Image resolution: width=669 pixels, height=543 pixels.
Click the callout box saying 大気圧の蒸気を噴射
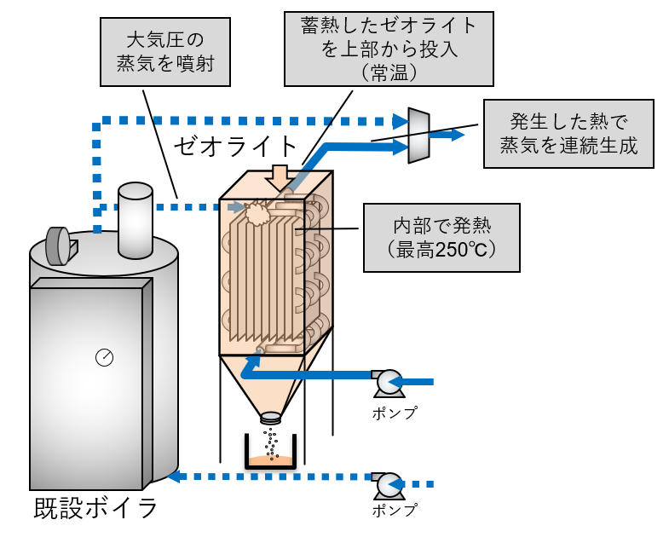pyautogui.click(x=166, y=53)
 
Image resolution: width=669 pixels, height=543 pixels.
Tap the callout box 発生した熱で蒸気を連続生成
pyautogui.click(x=568, y=132)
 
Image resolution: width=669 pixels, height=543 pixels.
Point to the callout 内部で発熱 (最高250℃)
pyautogui.click(x=441, y=238)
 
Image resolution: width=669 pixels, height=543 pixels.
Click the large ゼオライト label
pyautogui.click(x=235, y=146)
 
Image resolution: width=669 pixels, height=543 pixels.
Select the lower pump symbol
pyautogui.click(x=388, y=485)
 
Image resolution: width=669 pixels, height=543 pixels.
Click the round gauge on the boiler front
pyautogui.click(x=104, y=357)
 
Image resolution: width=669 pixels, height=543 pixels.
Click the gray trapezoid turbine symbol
pyautogui.click(x=418, y=135)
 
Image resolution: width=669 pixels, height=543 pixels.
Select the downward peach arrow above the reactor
pyautogui.click(x=277, y=176)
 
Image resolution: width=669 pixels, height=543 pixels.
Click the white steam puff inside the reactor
pyautogui.click(x=257, y=213)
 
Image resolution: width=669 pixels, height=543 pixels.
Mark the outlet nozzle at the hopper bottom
pyautogui.click(x=271, y=418)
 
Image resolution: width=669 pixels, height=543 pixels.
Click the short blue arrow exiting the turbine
pyautogui.click(x=448, y=134)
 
